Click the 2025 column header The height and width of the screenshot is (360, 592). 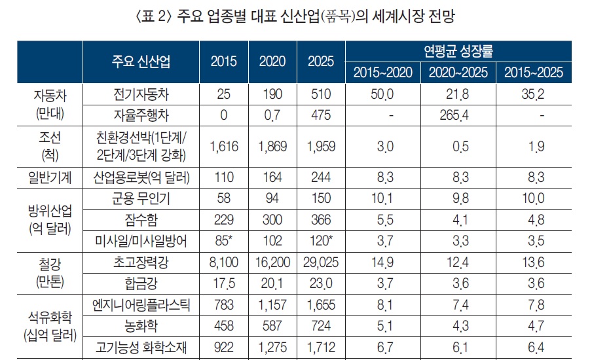[x=321, y=61]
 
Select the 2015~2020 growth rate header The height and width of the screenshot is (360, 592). [x=383, y=73]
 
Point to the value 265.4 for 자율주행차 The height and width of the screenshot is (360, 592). [x=458, y=116]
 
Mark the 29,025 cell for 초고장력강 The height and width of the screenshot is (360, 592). [x=321, y=262]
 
